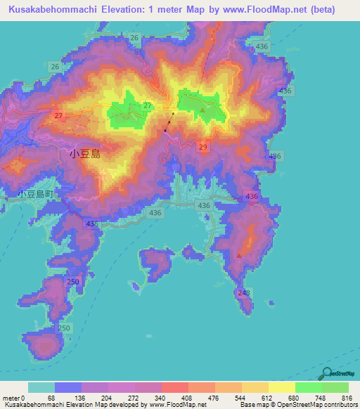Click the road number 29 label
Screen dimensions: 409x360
click(203, 146)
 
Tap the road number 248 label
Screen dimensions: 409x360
click(244, 292)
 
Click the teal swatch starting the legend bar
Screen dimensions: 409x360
click(41, 387)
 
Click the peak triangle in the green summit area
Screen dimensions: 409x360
click(203, 110)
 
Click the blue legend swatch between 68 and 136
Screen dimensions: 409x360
click(68, 387)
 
